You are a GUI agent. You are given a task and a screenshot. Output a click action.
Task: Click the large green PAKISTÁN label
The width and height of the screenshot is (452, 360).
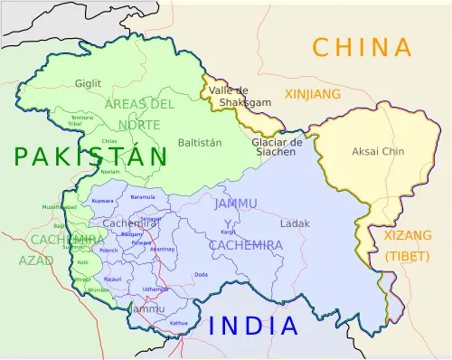click(90, 156)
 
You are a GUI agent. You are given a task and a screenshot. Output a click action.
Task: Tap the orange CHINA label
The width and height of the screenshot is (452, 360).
click(362, 47)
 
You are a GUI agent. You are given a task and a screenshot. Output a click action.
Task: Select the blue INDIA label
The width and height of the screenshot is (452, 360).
click(253, 327)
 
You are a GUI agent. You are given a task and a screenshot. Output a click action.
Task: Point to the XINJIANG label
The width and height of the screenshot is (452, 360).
click(313, 94)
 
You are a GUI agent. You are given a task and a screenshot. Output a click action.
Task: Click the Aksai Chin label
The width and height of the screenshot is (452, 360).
click(378, 152)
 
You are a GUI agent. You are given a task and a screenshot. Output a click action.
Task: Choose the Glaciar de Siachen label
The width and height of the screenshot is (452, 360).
click(278, 147)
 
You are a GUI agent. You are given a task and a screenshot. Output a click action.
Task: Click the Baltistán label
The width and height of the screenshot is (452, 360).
click(200, 143)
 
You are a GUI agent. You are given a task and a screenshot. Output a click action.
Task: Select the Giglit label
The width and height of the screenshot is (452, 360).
click(89, 83)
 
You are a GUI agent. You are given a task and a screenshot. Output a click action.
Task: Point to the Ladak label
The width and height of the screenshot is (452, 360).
click(295, 223)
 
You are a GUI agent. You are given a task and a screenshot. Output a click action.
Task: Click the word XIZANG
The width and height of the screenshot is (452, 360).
click(401, 235)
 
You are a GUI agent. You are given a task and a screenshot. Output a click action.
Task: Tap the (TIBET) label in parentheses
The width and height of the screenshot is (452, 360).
click(401, 256)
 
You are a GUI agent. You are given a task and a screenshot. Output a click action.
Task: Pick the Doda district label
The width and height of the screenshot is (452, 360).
click(201, 274)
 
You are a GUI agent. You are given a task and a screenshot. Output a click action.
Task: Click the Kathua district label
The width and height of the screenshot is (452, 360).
click(179, 323)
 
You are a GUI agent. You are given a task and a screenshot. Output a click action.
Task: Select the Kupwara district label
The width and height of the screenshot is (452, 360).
click(103, 200)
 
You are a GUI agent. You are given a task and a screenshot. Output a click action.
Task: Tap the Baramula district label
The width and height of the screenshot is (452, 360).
click(143, 196)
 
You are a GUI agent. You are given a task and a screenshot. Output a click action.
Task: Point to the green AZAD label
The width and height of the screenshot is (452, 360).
click(30, 261)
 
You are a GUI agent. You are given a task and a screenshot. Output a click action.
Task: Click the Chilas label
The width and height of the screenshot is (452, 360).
click(109, 142)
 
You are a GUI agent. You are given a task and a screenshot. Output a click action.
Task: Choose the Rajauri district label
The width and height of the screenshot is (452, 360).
click(112, 279)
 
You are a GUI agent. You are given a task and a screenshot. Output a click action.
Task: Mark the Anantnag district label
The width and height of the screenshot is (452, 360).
click(164, 249)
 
